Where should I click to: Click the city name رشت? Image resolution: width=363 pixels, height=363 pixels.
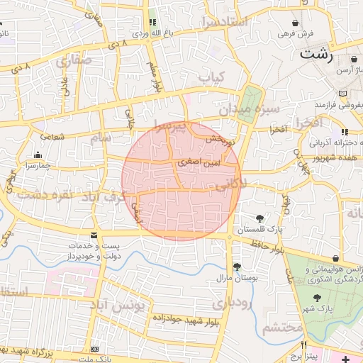pyautogui.click(x=318, y=53)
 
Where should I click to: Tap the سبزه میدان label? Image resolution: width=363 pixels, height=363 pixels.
pyautogui.click(x=270, y=109)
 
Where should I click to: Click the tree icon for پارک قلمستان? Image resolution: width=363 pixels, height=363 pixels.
pyautogui.click(x=261, y=219)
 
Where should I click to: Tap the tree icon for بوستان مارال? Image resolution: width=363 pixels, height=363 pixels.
pyautogui.click(x=237, y=267)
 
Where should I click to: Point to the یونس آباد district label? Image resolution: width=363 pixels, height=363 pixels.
pyautogui.click(x=118, y=304)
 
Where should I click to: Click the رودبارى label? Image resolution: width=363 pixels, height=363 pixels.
pyautogui.click(x=229, y=303)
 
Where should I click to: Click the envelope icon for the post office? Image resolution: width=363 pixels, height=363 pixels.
pyautogui.click(x=94, y=235)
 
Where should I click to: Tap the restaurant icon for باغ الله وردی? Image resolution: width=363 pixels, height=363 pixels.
pyautogui.click(x=151, y=22)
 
